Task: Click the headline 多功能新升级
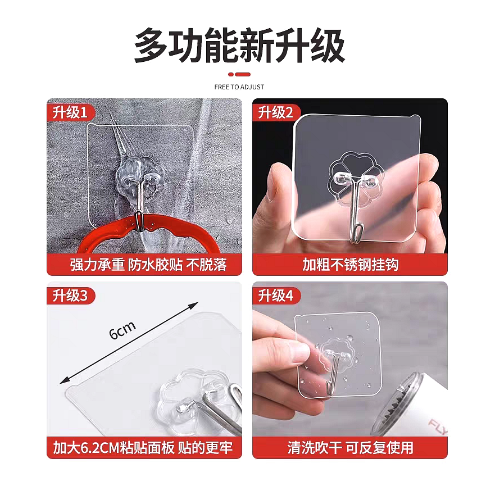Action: [x=239, y=46]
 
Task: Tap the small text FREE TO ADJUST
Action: [x=239, y=87]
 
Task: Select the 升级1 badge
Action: [x=70, y=112]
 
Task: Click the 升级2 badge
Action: [x=276, y=112]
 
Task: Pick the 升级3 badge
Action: [x=70, y=296]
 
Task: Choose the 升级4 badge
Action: [x=276, y=296]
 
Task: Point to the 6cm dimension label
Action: [x=122, y=330]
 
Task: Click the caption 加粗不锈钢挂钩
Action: [x=350, y=265]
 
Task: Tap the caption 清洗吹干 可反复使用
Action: [x=350, y=448]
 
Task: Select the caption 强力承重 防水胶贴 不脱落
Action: [x=148, y=265]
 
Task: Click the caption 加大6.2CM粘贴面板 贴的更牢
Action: [x=143, y=448]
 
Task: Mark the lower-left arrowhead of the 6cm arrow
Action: [x=62, y=382]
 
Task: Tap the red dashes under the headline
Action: [x=239, y=74]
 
